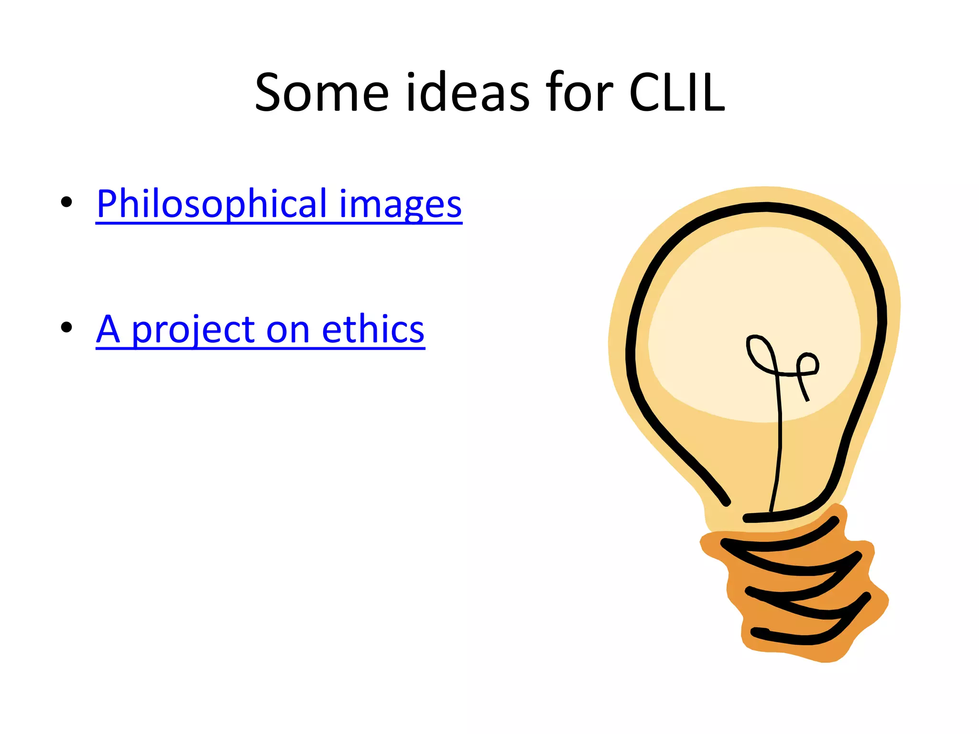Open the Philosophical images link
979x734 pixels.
tap(279, 204)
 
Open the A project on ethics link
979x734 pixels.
tap(260, 329)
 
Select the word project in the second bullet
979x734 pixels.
tap(194, 331)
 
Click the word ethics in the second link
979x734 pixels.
tap(373, 329)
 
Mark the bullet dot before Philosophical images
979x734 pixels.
tap(66, 202)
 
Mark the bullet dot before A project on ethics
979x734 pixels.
tap(66, 327)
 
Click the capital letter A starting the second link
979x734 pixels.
tap(108, 329)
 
